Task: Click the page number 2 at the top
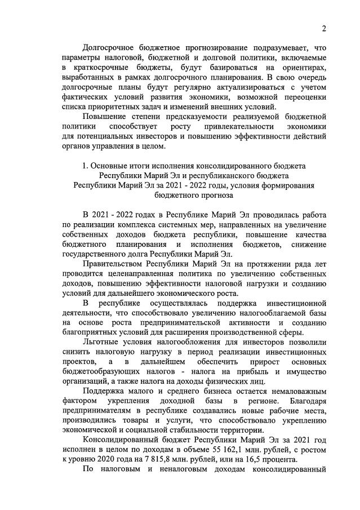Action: pyautogui.click(x=324, y=29)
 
